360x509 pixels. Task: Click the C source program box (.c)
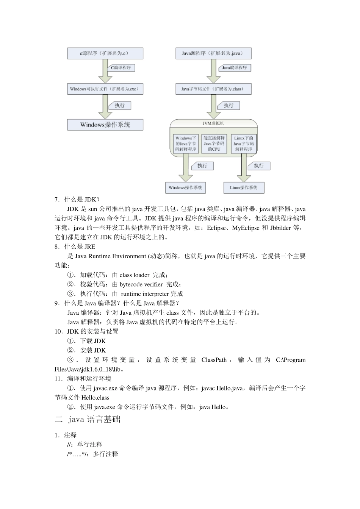tap(105, 53)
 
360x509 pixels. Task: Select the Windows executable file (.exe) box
tap(105, 89)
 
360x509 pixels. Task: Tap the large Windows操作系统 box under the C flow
tap(105, 125)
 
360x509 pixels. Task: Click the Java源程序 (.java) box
tap(213, 53)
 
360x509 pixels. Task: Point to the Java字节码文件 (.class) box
tap(213, 89)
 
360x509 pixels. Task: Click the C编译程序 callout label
tap(122, 68)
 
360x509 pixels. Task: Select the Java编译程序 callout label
tap(235, 68)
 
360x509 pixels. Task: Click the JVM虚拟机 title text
tap(213, 123)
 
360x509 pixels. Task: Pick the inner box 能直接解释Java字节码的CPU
tap(214, 144)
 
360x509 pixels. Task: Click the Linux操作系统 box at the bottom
tap(244, 187)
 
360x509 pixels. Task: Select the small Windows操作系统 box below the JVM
tap(185, 187)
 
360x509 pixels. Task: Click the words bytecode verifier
tap(141, 284)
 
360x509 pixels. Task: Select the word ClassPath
tap(214, 360)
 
